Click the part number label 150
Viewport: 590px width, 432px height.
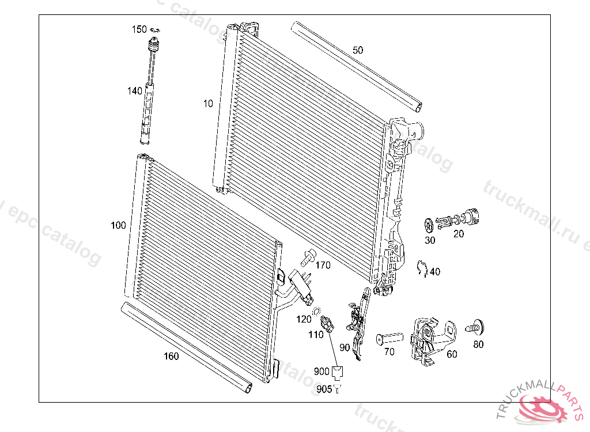[139, 29]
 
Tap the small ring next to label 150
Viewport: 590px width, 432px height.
[154, 30]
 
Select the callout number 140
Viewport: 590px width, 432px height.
[134, 91]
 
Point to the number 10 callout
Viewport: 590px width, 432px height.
[208, 104]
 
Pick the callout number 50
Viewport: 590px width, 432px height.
[358, 50]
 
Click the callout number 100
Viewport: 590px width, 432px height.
[118, 225]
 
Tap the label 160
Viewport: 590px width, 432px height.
[171, 356]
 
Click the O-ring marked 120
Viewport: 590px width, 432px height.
[316, 312]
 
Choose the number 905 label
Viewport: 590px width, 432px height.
[324, 390]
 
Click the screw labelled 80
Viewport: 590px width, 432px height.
[476, 326]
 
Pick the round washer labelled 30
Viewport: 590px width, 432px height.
[429, 223]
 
